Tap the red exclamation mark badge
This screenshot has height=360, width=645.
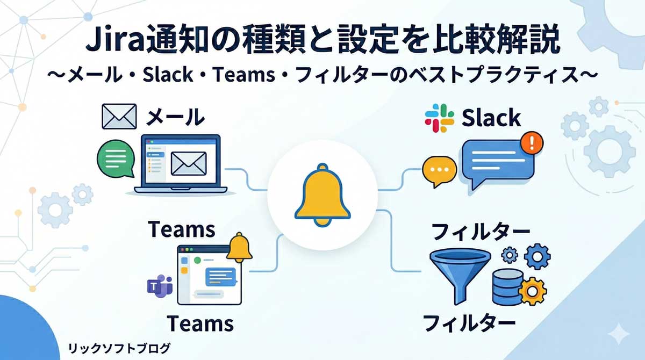coord(532,143)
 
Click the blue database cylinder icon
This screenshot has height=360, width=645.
coord(507,286)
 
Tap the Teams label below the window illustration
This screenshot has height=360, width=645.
coord(200,323)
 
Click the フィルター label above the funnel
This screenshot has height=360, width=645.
coord(481,232)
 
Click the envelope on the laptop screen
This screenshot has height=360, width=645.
coord(188,163)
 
